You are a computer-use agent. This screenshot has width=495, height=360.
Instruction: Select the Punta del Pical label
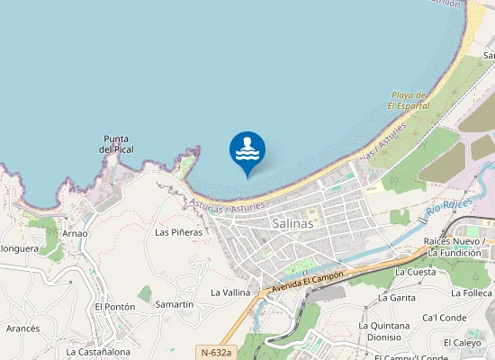click(117, 144)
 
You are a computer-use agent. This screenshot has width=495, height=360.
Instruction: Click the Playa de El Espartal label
click(409, 100)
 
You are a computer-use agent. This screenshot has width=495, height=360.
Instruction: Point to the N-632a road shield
click(215, 354)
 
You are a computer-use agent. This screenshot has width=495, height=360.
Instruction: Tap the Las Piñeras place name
click(178, 231)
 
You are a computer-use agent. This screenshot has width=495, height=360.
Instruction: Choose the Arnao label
click(75, 233)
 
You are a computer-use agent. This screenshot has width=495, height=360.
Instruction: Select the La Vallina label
click(230, 292)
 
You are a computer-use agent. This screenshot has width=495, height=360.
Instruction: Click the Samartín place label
click(174, 304)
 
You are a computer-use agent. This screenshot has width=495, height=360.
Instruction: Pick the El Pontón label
click(114, 307)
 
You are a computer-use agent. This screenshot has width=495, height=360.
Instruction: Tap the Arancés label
click(22, 328)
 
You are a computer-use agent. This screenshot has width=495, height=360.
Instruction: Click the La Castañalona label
click(98, 352)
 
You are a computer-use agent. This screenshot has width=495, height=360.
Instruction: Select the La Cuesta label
click(416, 272)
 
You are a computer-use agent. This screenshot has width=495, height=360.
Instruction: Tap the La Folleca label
click(471, 292)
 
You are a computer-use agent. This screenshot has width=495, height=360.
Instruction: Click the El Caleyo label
click(462, 343)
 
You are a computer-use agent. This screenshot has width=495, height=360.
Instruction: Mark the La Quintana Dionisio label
click(384, 331)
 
